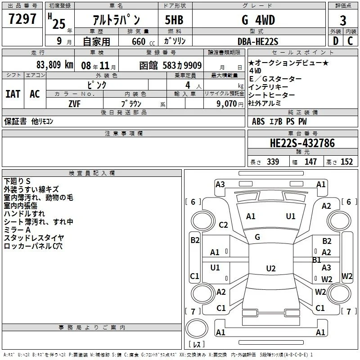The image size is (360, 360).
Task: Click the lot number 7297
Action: [x=22, y=19]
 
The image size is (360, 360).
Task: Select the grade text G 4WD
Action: [x=258, y=20]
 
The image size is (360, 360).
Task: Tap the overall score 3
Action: [x=343, y=21]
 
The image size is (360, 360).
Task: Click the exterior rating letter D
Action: [x=336, y=41]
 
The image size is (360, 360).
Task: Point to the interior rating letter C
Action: [x=350, y=41]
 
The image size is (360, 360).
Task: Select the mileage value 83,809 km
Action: [x=55, y=65]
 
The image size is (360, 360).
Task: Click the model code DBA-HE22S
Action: [x=258, y=41]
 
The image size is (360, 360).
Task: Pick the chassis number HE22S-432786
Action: [x=302, y=143]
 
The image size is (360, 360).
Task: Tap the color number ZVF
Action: [x=74, y=104]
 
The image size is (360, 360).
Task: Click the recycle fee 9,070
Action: [x=226, y=103]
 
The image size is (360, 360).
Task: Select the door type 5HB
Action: [x=174, y=20]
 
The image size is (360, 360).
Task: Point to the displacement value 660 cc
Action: [x=143, y=41]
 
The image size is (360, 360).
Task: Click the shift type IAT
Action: [x=13, y=94]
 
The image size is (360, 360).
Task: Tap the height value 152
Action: [x=346, y=162]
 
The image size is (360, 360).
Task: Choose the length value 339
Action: [x=273, y=162]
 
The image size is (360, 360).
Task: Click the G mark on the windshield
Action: [x=257, y=237]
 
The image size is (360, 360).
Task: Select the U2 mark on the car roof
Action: [x=271, y=268]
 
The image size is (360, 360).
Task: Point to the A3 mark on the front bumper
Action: [x=220, y=184]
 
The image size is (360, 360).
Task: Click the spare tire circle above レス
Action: [x=197, y=328]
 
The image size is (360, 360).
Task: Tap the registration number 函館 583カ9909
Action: [x=171, y=65]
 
